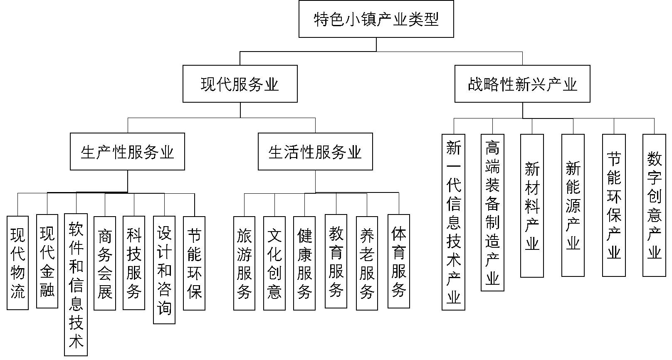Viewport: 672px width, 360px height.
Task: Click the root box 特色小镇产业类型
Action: pos(376,19)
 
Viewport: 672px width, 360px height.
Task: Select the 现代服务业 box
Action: pos(240,84)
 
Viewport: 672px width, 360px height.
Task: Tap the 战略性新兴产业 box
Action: pos(522,84)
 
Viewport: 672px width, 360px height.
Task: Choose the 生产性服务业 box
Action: pos(128,151)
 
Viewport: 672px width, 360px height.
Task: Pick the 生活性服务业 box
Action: pos(315,151)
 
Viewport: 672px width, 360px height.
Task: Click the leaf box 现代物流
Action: pos(18,263)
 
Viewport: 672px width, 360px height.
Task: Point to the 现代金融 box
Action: pos(47,261)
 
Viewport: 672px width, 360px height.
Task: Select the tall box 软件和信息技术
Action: pos(76,285)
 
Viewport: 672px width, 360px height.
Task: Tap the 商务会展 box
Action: pos(105,263)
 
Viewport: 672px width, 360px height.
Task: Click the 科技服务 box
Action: pos(134,263)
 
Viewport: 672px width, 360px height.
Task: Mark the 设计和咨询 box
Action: pos(164,270)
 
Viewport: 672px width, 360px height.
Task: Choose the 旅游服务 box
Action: pos(244,263)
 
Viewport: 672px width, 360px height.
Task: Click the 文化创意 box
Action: pos(274,263)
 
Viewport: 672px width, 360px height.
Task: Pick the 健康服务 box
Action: pos(304,263)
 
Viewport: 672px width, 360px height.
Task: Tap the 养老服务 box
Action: pos(367,263)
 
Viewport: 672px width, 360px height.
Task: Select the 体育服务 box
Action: pos(399,261)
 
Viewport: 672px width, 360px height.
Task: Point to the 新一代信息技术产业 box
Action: pos(453,222)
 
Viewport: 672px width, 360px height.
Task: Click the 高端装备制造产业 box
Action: pos(493,213)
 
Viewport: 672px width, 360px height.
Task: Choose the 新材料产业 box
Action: pos(532,206)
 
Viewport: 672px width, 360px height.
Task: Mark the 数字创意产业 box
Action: pos(654,205)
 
